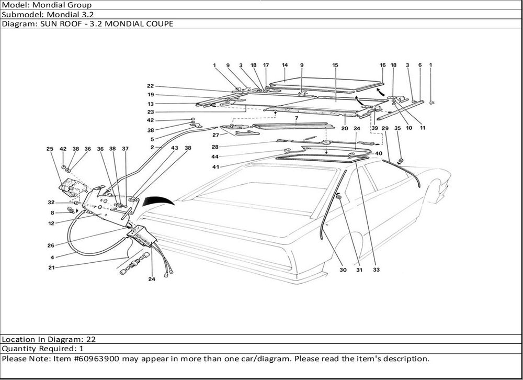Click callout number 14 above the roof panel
[285, 65]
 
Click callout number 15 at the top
[335, 65]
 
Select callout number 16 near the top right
[382, 65]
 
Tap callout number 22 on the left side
[150, 86]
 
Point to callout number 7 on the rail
[296, 119]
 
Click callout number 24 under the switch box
[152, 279]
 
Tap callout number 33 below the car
[376, 270]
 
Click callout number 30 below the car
[343, 270]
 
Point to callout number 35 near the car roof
[397, 128]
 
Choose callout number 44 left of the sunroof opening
[215, 157]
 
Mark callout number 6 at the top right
[419, 65]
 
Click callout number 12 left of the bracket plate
[52, 223]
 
